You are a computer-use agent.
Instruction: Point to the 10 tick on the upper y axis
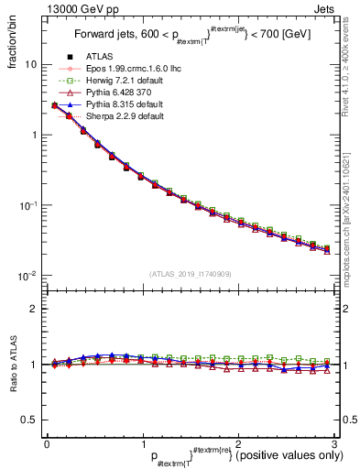[x=31, y=65]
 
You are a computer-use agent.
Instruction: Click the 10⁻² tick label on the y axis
[x=27, y=276]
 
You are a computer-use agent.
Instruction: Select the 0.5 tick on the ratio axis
[x=30, y=420]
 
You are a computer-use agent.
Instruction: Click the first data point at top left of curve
[x=55, y=105]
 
